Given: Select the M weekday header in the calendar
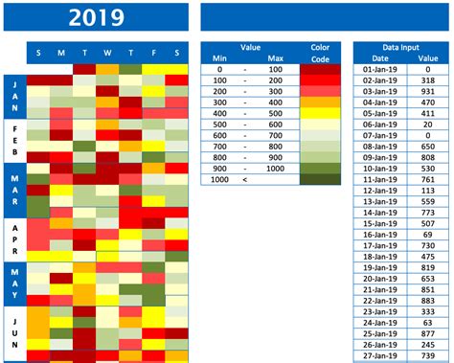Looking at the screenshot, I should click(x=60, y=54).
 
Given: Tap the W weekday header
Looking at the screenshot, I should click(x=107, y=54).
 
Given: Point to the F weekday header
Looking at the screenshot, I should click(x=153, y=54).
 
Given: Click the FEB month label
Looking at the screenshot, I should click(x=15, y=140).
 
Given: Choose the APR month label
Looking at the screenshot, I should click(x=15, y=238).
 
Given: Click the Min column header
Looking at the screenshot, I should click(x=219, y=58).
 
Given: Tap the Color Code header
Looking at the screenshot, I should click(x=320, y=53).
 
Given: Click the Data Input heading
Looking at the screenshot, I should click(x=401, y=47).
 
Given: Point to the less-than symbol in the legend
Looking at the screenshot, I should click(x=246, y=178).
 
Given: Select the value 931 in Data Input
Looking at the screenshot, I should click(x=427, y=92).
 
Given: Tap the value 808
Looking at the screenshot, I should click(x=427, y=157).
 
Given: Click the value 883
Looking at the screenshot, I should click(x=427, y=300).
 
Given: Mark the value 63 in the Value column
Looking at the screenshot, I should click(x=427, y=322).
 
